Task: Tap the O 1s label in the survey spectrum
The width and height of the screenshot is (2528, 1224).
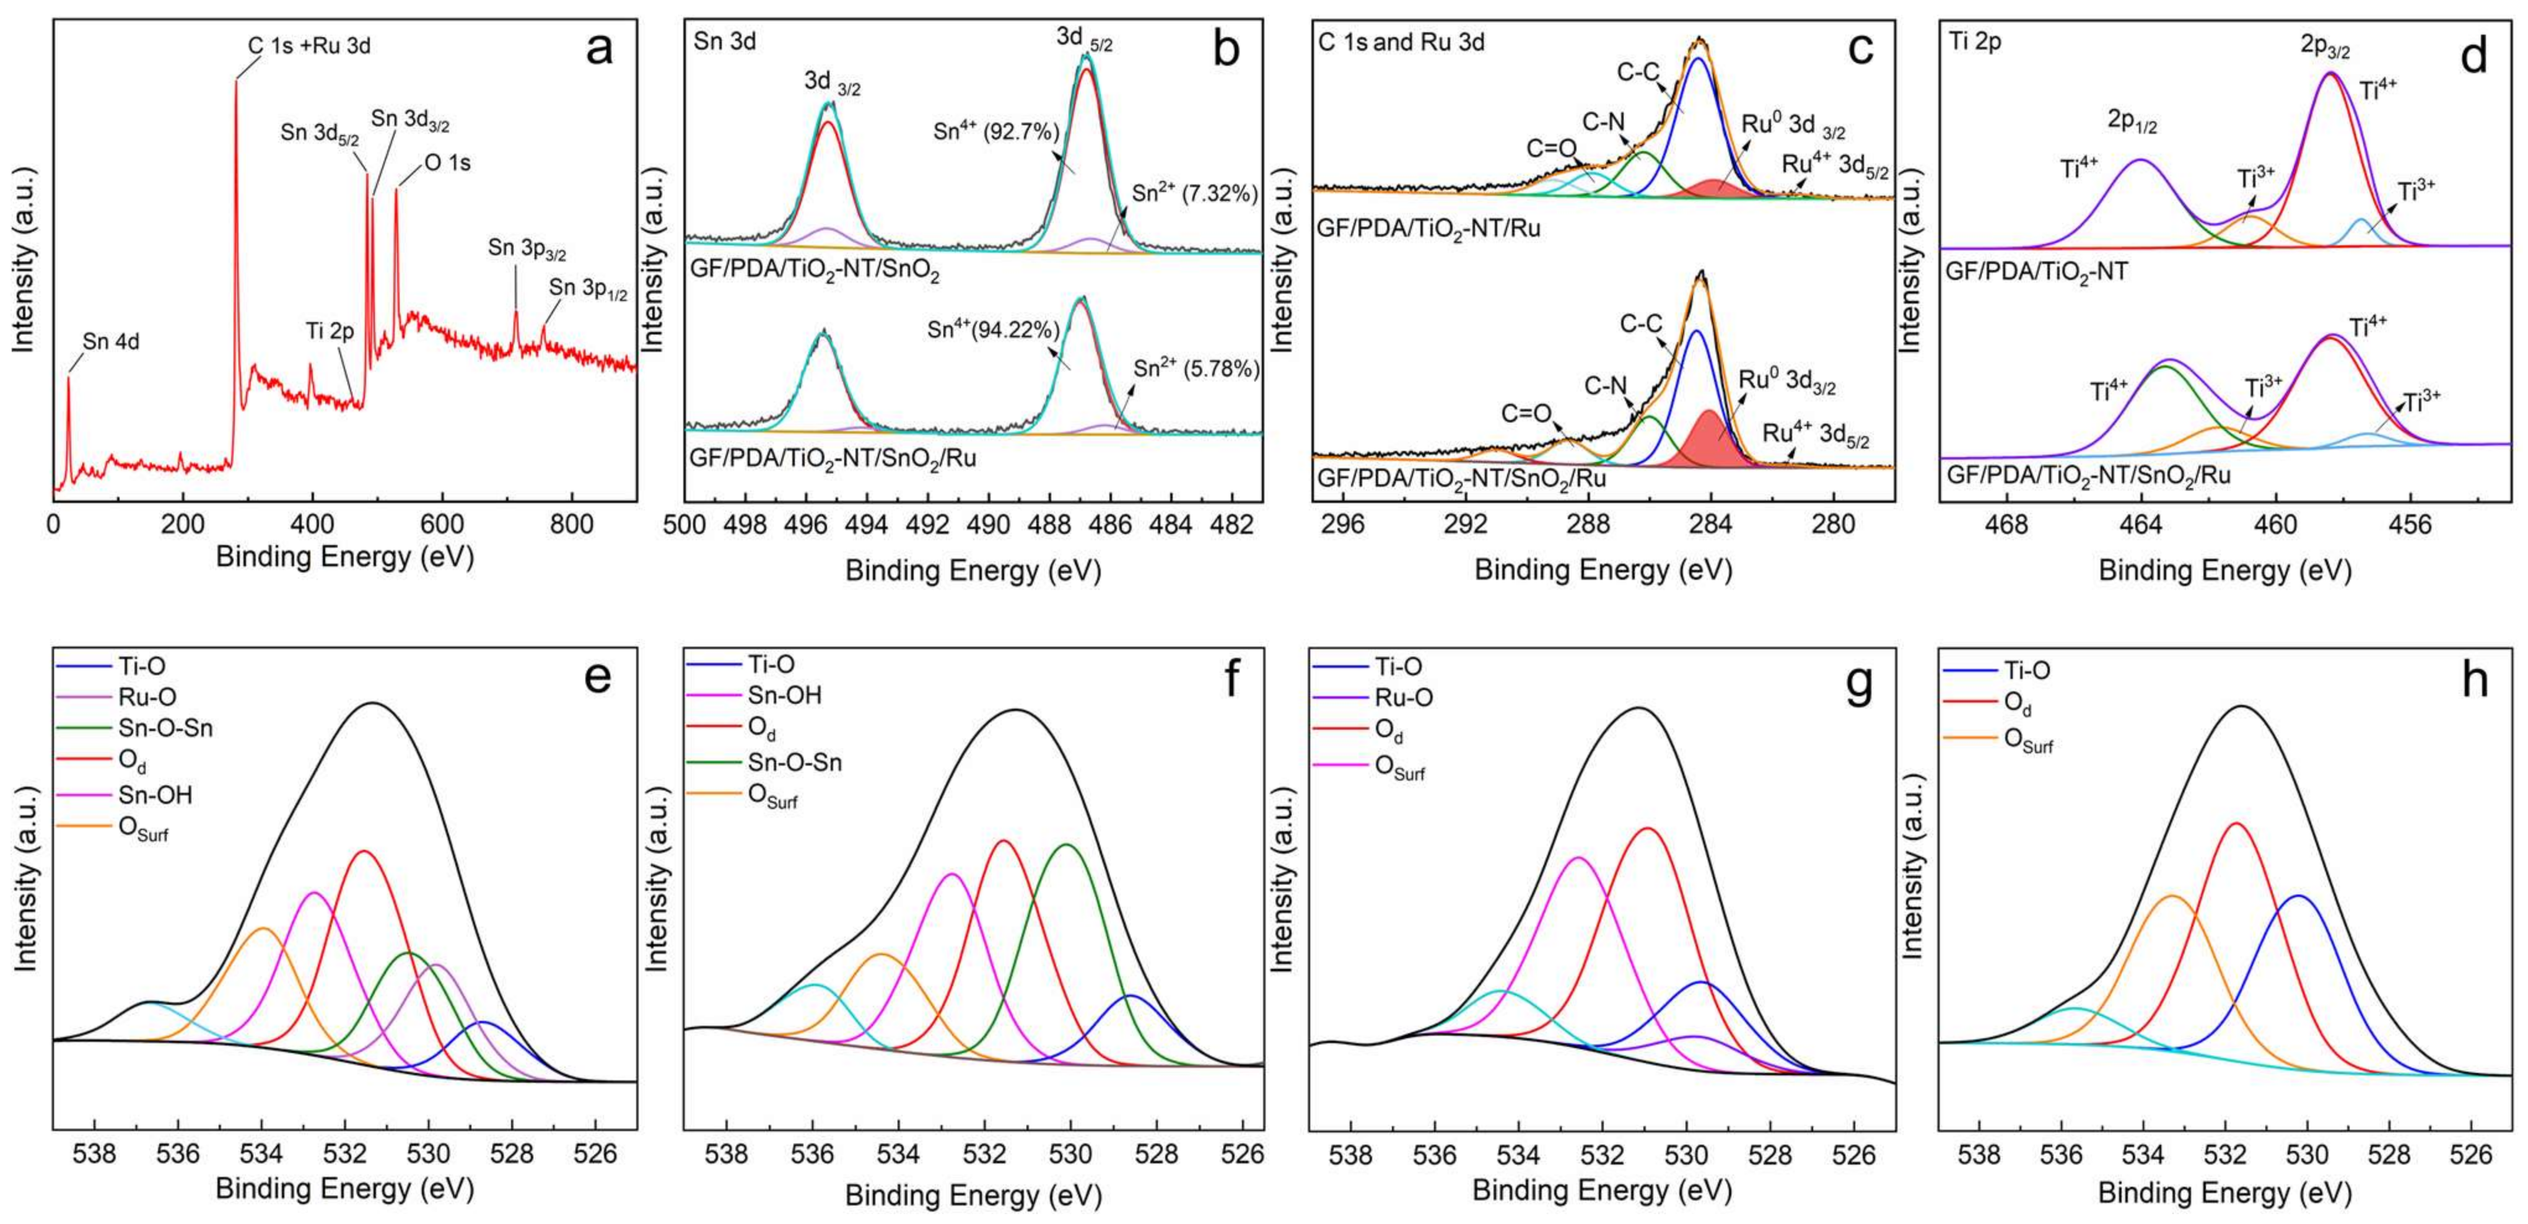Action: click(447, 163)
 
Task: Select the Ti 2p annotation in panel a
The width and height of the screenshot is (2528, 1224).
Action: click(329, 332)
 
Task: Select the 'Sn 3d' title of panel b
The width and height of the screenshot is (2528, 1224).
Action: click(724, 42)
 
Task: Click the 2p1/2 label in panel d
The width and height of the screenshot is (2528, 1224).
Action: click(2133, 123)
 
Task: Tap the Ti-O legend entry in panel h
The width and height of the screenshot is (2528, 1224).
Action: click(2026, 671)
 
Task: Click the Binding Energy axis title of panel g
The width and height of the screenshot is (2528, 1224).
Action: click(1601, 1191)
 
